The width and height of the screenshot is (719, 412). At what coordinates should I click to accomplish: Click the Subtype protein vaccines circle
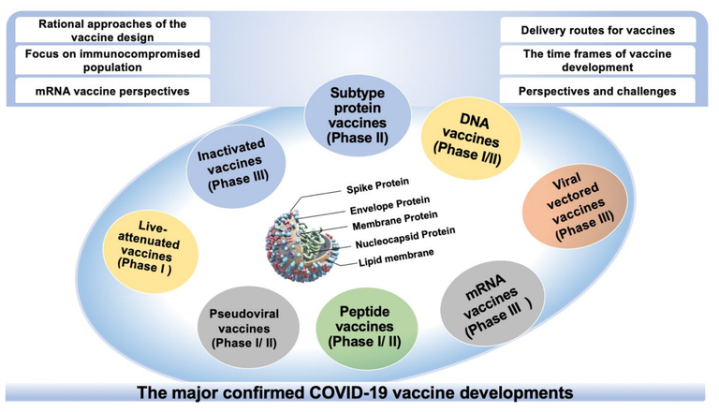pyautogui.click(x=358, y=115)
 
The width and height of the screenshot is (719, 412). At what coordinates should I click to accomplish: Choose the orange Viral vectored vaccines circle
pyautogui.click(x=575, y=206)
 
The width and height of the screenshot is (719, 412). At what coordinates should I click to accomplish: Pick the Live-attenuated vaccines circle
pyautogui.click(x=151, y=252)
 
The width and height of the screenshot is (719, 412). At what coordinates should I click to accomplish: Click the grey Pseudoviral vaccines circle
pyautogui.click(x=248, y=328)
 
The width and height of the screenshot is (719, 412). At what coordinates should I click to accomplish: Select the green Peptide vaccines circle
pyautogui.click(x=366, y=328)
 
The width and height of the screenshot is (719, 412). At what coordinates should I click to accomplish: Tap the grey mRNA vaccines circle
pyautogui.click(x=493, y=303)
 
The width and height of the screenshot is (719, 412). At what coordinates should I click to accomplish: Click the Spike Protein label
pyautogui.click(x=377, y=185)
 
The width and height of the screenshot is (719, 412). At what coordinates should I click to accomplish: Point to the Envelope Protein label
pyautogui.click(x=389, y=205)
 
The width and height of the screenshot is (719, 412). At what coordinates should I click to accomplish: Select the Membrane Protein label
pyautogui.click(x=395, y=221)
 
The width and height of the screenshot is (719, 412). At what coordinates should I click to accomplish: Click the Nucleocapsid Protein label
pyautogui.click(x=405, y=238)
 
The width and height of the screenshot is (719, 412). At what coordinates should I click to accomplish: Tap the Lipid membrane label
pyautogui.click(x=396, y=257)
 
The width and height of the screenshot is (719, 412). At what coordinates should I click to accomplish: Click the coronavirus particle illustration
pyautogui.click(x=301, y=245)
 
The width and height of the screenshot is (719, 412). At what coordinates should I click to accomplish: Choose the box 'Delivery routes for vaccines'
pyautogui.click(x=597, y=30)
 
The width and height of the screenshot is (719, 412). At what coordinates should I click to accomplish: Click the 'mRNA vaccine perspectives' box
pyautogui.click(x=112, y=91)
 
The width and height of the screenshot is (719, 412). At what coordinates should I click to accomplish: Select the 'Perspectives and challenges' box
pyautogui.click(x=597, y=91)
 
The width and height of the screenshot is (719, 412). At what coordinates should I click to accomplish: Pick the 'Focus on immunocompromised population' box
pyautogui.click(x=112, y=60)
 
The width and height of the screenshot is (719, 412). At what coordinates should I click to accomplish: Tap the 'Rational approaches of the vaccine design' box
pyautogui.click(x=112, y=30)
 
